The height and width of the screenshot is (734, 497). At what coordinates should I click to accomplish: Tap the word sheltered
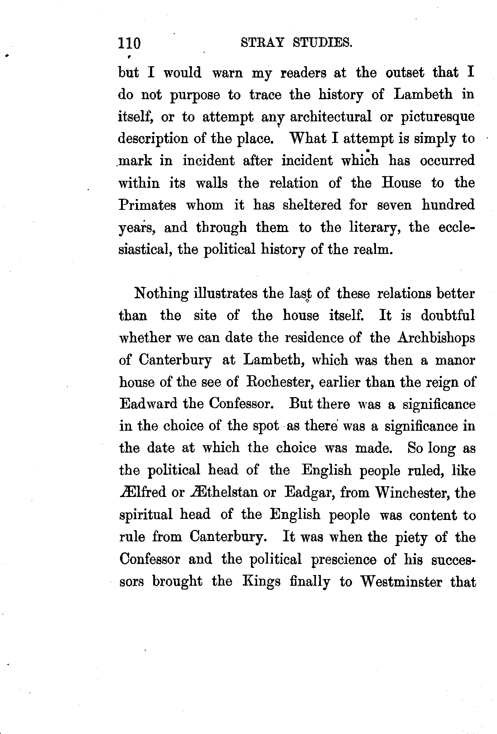point(312,205)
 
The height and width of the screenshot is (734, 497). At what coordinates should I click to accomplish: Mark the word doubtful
point(448,315)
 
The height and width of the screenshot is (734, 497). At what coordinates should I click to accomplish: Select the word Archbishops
point(436,338)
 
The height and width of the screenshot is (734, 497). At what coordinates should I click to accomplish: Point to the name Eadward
point(148,404)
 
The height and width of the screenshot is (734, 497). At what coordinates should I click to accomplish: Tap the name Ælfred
point(143,492)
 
